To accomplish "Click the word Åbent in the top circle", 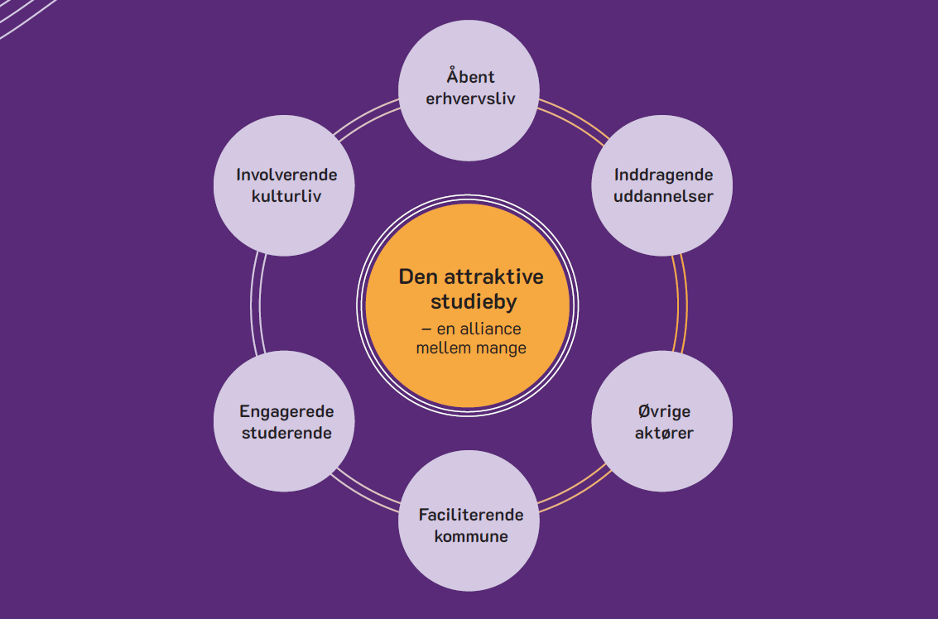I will [470, 77].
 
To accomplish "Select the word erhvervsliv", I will [470, 98].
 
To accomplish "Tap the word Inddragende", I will [663, 175].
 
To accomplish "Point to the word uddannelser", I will [663, 196].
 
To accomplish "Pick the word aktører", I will [662, 433].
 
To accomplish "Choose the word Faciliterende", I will [470, 515].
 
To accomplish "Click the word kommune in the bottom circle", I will [470, 536].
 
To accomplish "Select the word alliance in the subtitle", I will [490, 329].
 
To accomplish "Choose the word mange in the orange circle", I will [500, 348].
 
